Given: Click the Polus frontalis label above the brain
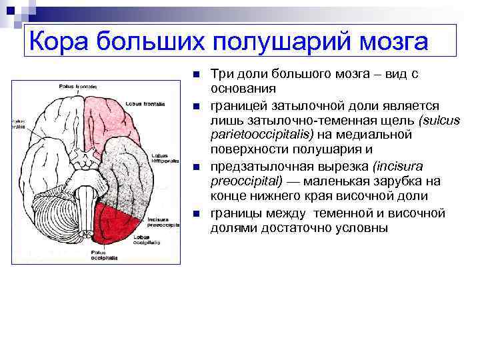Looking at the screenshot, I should click(78, 87).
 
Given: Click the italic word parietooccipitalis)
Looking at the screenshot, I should click(253, 135).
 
